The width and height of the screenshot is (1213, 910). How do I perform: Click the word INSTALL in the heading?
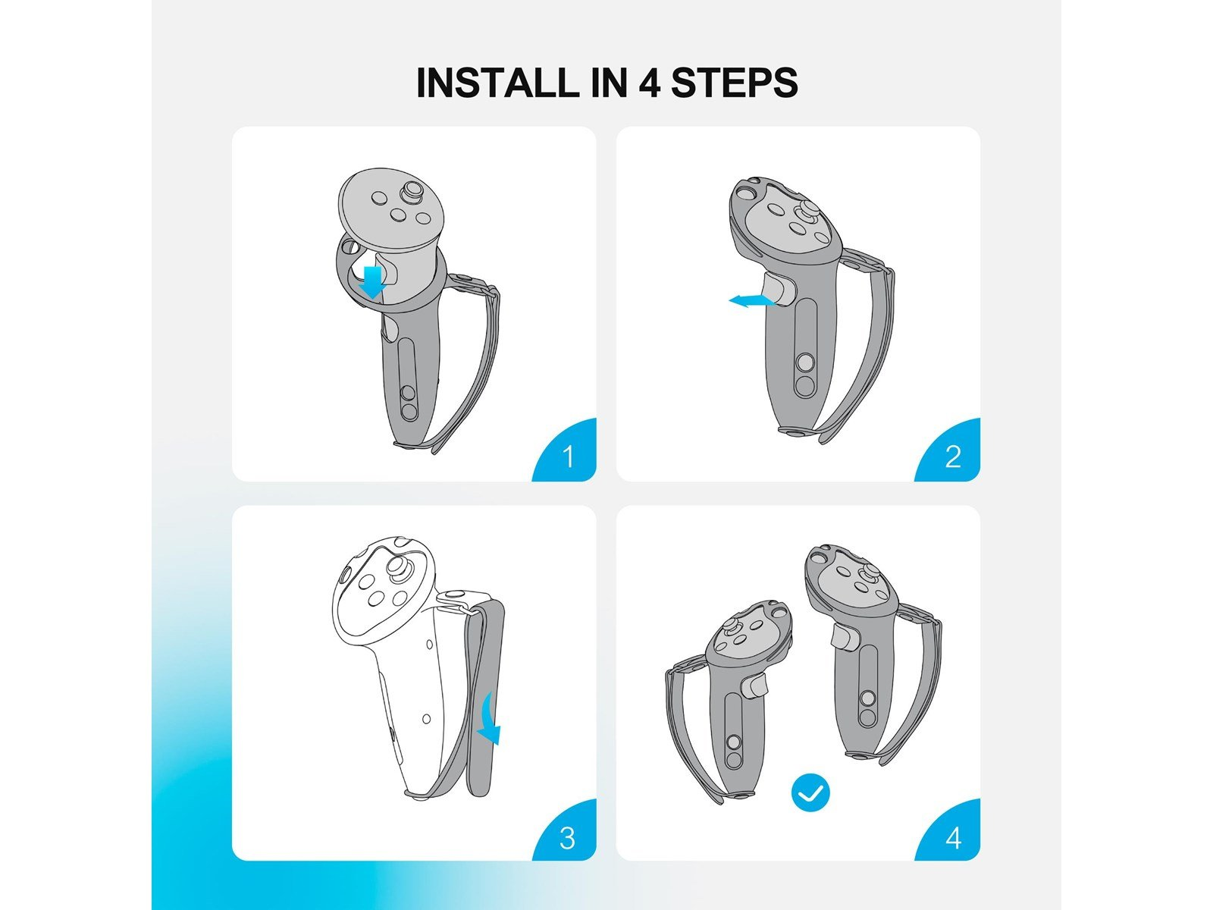click(495, 83)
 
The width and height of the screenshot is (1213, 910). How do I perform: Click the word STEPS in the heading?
click(735, 83)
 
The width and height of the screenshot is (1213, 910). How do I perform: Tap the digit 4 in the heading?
click(649, 83)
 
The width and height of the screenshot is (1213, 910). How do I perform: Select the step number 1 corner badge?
click(566, 451)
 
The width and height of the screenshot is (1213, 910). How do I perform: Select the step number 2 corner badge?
click(949, 451)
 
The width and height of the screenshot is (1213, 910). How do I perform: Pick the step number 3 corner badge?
click(566, 832)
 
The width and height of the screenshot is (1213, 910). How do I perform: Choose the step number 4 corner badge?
click(949, 832)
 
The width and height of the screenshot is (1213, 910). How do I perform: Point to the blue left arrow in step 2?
click(751, 301)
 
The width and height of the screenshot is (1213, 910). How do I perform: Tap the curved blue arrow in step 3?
click(491, 720)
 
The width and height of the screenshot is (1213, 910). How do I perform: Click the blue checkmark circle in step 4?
click(810, 792)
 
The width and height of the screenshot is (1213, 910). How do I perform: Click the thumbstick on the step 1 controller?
click(412, 193)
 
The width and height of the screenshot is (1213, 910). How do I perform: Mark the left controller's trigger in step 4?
click(755, 687)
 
